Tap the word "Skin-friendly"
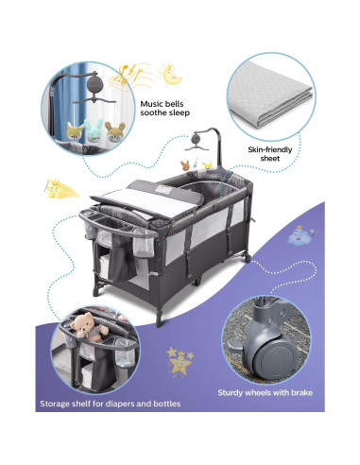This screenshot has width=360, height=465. tap(270, 149)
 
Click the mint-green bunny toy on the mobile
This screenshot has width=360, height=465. tap(94, 129)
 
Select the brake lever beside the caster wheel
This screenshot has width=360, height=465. tap(234, 346)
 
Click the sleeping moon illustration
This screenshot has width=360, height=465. tap(170, 75)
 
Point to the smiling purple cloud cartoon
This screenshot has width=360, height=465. tap(300, 235)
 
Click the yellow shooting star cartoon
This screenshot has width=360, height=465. tap(60, 189)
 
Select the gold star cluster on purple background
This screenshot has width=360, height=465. tap(180, 362)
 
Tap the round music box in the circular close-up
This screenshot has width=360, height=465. tap(94, 83)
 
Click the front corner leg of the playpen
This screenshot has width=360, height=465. tap(159, 316)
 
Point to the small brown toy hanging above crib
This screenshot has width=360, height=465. tap(184, 165)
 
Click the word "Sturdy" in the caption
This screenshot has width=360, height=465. tap(231, 393)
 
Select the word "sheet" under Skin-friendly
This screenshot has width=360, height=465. tap(270, 158)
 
